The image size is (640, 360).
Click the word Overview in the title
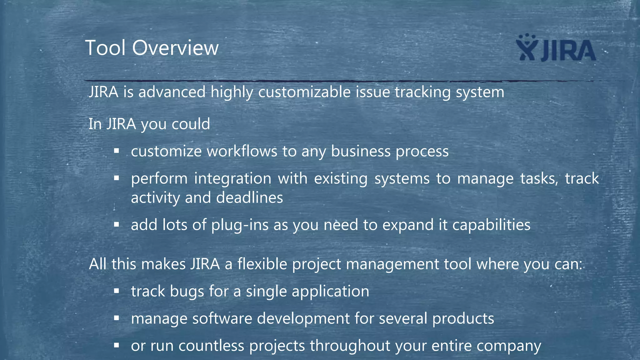click(175, 48)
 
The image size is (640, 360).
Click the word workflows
click(242, 152)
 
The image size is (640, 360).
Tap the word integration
click(233, 179)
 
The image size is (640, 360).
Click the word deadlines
click(249, 198)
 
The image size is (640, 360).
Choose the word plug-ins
click(240, 225)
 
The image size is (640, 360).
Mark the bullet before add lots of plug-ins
click(117, 224)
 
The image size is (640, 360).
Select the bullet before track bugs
click(117, 291)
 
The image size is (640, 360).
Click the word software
click(222, 319)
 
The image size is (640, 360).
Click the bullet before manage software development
click(117, 318)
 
